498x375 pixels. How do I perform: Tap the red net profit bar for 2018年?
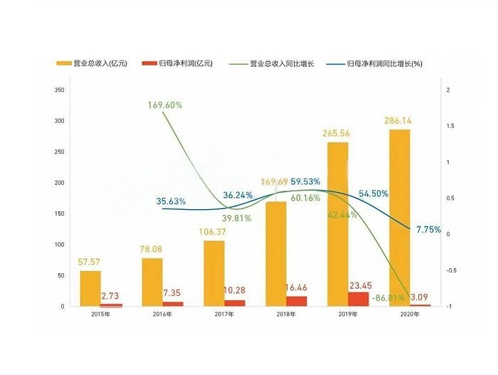(297, 301)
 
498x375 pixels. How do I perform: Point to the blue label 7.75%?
(428, 230)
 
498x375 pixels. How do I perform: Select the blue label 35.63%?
(171, 201)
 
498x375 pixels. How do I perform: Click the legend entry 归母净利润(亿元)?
(180, 63)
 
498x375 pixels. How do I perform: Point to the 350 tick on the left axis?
(59, 90)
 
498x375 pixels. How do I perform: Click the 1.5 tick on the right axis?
(447, 126)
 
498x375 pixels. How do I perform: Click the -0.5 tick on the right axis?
(449, 270)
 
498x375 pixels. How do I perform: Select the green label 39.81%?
(236, 218)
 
